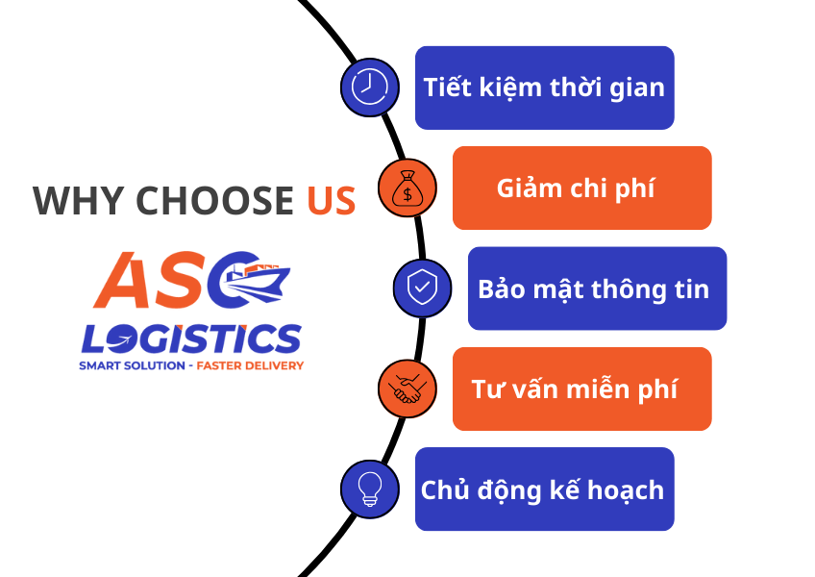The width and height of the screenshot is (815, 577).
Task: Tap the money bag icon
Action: point(407,188)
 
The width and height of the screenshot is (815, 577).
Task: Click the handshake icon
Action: point(407,389)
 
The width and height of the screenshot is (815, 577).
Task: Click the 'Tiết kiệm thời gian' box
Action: point(544,88)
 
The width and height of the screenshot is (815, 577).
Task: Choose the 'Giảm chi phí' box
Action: point(581,188)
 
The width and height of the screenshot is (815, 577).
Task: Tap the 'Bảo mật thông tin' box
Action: point(597,288)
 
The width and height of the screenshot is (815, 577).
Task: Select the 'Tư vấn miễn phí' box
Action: point(581,389)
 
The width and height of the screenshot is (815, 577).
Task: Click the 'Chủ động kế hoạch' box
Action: point(544,489)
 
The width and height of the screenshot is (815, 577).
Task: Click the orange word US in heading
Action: point(332,201)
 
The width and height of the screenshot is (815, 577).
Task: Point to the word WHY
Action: point(78,201)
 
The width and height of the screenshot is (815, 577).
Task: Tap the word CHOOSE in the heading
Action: point(214,201)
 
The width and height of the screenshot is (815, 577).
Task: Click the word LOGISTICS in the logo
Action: point(191,338)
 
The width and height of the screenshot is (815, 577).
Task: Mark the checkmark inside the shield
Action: point(422,288)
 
